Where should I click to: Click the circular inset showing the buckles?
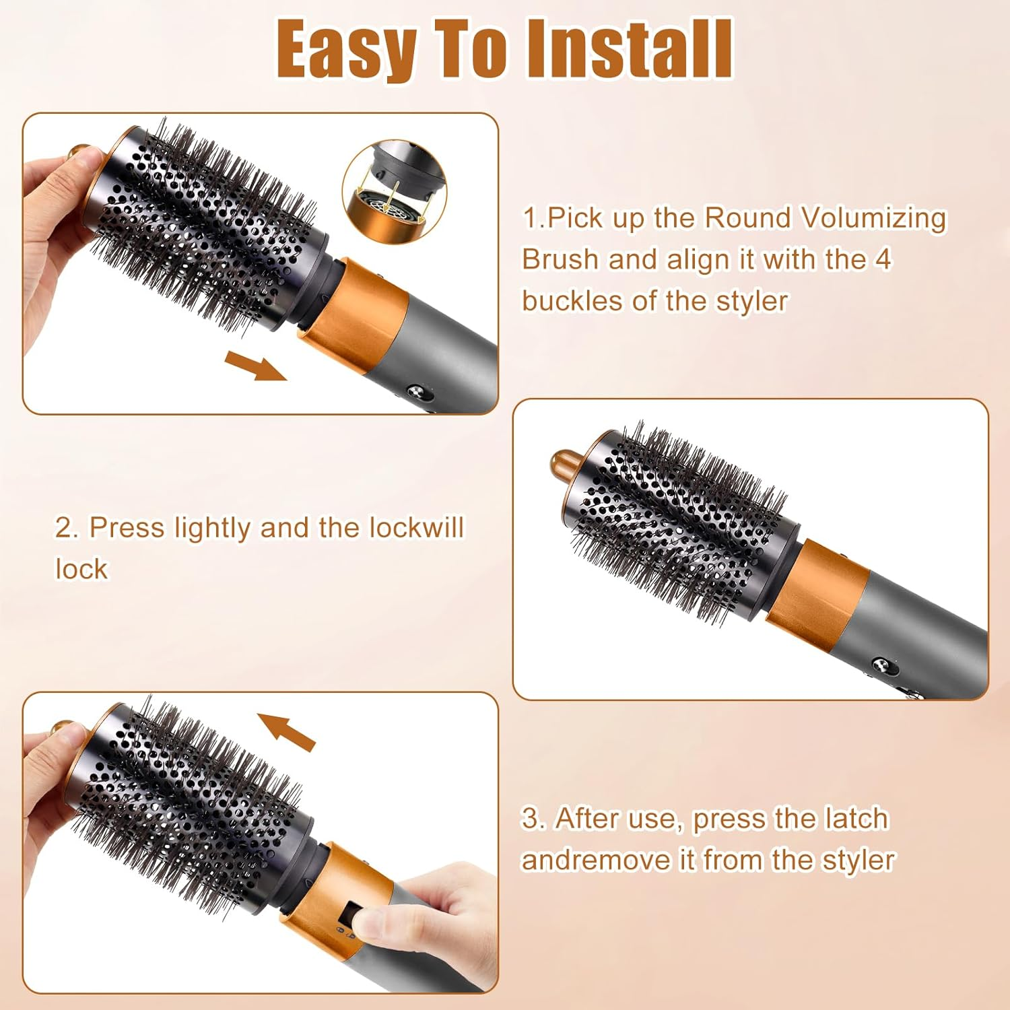(x=395, y=191)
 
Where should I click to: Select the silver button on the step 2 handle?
(x=881, y=665)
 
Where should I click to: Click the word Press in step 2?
(x=127, y=528)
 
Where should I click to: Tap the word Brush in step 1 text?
(x=560, y=260)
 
